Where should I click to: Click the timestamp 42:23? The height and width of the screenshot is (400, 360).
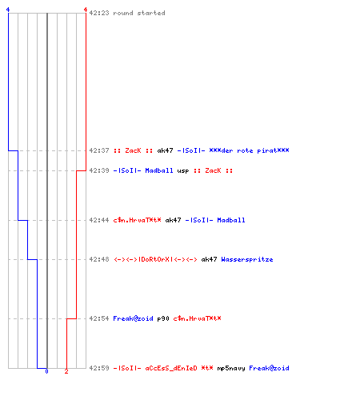99,13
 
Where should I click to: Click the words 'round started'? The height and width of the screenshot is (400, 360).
139,13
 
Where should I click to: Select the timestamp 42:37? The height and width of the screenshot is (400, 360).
99,150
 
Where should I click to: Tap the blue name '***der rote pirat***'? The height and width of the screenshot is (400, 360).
249,150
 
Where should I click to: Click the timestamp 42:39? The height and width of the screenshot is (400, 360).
99,170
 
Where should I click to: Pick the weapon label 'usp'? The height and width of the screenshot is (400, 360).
183,170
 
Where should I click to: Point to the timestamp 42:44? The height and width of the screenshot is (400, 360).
99,220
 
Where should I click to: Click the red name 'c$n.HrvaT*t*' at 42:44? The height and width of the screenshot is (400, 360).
137,220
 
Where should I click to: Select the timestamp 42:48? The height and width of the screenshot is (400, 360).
99,259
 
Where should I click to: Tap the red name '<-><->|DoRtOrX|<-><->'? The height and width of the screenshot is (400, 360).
155,259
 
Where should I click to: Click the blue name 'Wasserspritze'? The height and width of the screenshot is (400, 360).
247,259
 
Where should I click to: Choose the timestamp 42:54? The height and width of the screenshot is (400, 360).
99,318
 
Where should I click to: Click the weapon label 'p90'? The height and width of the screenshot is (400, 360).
163,318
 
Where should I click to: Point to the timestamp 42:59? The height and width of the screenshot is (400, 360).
99,368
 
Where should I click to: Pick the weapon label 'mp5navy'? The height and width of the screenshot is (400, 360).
231,368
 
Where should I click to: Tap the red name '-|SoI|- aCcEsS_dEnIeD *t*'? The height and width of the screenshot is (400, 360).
163,368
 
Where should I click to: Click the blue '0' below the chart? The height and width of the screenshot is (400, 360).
46,371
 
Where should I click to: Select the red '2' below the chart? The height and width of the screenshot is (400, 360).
66,371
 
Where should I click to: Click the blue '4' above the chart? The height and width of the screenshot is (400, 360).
8,10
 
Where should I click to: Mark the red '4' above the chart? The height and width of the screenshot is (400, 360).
86,10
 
